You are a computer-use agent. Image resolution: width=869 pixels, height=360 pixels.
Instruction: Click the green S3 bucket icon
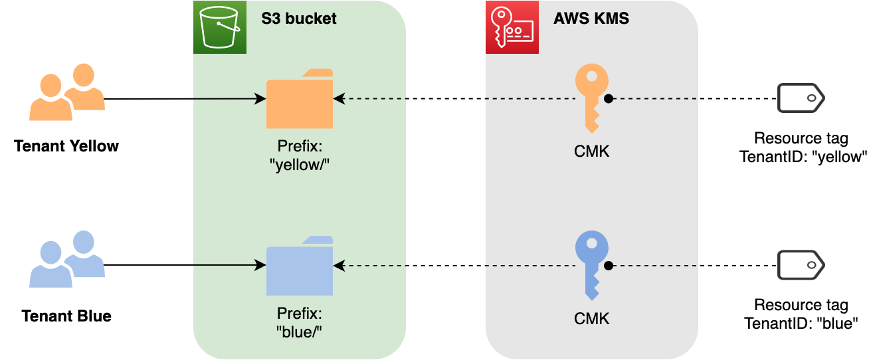pyautogui.click(x=220, y=27)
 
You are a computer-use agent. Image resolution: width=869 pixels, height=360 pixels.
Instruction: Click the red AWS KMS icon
pyautogui.click(x=512, y=27)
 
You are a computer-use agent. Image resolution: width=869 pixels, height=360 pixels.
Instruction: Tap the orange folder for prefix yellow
pyautogui.click(x=300, y=99)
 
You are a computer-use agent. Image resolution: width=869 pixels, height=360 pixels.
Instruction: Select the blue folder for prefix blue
pyautogui.click(x=300, y=266)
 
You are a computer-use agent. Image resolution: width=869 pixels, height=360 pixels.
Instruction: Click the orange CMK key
pyautogui.click(x=591, y=98)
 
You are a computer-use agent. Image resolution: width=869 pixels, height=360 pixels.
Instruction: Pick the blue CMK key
pyautogui.click(x=591, y=266)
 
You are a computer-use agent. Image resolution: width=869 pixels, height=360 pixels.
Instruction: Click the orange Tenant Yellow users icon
pyautogui.click(x=67, y=92)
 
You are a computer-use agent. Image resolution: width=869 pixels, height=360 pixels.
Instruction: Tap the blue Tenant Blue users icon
pyautogui.click(x=67, y=259)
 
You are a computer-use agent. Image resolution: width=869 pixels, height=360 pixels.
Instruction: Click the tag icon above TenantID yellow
pyautogui.click(x=801, y=98)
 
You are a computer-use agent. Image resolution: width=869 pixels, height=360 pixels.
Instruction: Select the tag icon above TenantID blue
pyautogui.click(x=801, y=265)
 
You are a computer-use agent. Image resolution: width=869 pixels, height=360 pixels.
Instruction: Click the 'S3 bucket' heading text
pyautogui.click(x=299, y=19)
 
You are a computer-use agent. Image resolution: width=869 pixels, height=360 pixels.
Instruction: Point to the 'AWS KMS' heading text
pyautogui.click(x=591, y=19)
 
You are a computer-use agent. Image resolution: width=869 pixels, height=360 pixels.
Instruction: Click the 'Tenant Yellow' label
pyautogui.click(x=66, y=146)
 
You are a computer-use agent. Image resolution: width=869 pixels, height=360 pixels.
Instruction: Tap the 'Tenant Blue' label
pyautogui.click(x=66, y=316)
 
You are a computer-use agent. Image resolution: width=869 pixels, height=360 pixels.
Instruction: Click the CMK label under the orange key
pyautogui.click(x=591, y=151)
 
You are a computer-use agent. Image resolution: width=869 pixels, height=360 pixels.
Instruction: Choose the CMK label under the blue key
pyautogui.click(x=591, y=319)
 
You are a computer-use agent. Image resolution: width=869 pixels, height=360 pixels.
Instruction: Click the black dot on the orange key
pyautogui.click(x=609, y=99)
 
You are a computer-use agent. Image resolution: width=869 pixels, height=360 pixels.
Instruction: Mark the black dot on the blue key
pyautogui.click(x=609, y=266)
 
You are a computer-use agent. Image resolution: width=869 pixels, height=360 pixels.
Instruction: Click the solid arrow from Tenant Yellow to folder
pyautogui.click(x=185, y=99)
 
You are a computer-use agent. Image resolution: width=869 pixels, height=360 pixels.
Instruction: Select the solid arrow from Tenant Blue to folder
pyautogui.click(x=185, y=265)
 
